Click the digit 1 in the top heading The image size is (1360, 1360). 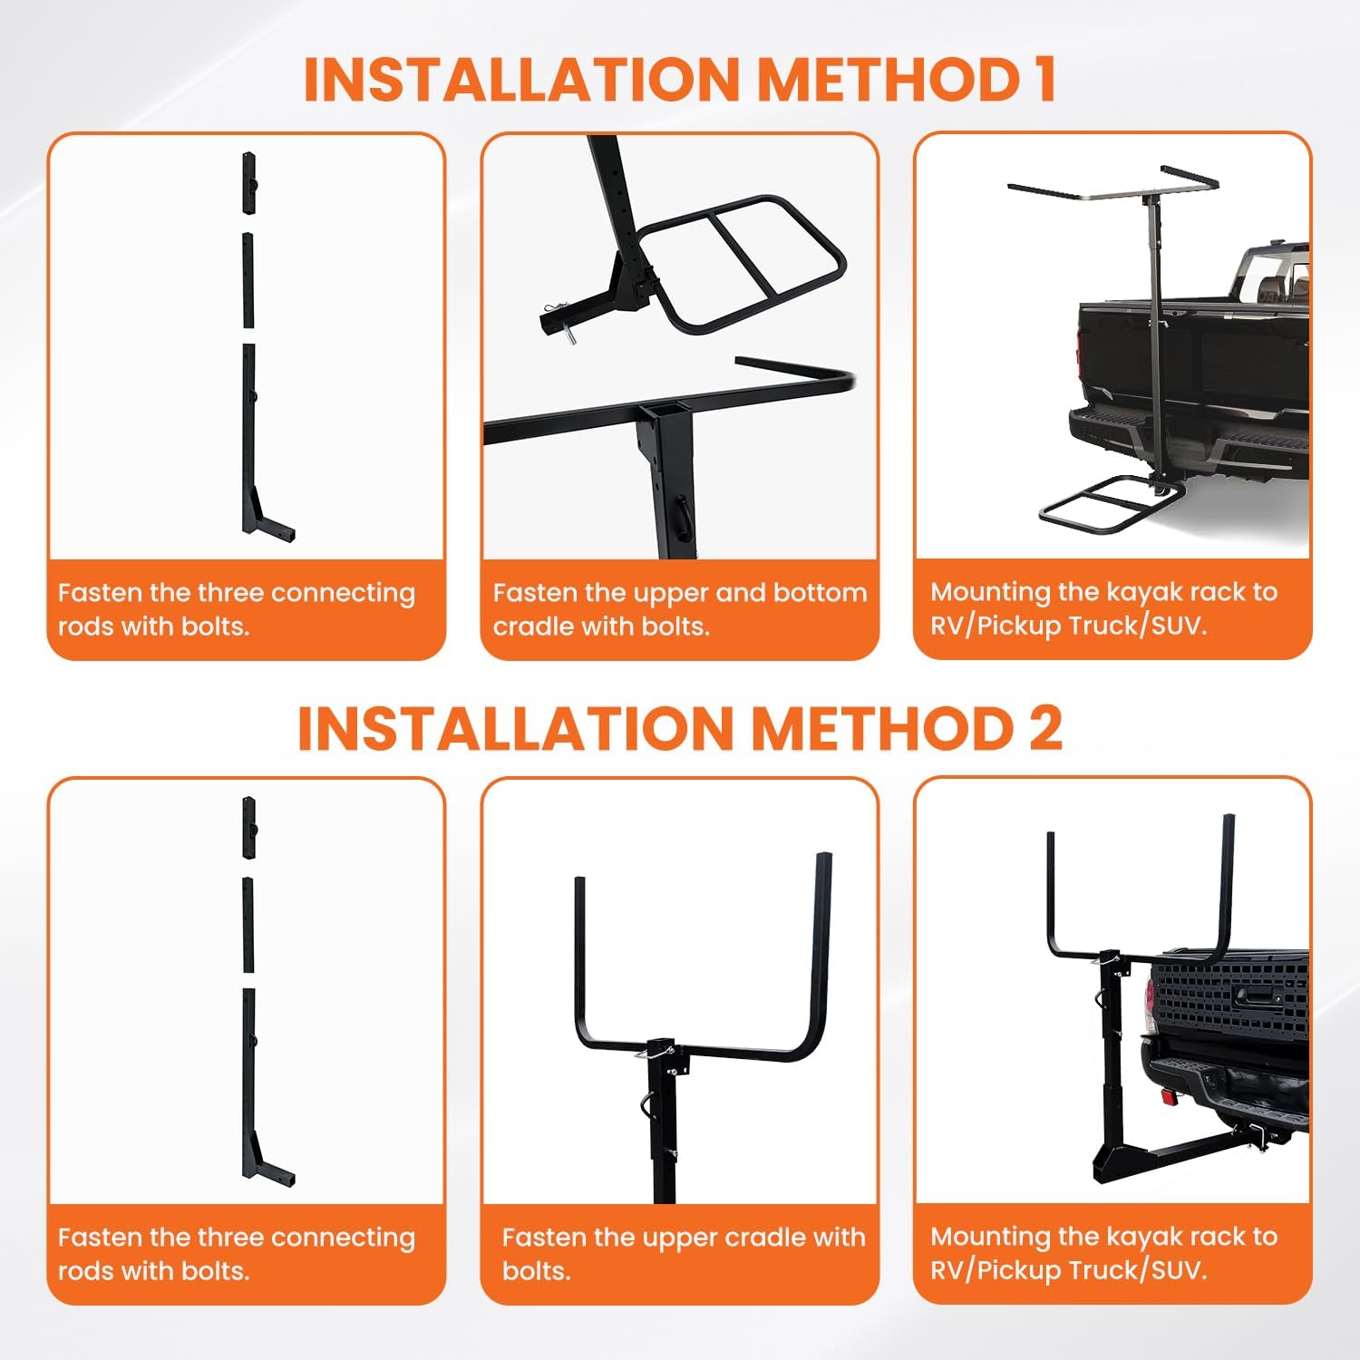click(1044, 79)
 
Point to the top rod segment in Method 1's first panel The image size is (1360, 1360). click(248, 182)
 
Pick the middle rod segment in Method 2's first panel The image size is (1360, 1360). click(248, 923)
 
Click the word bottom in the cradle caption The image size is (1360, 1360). click(819, 593)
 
